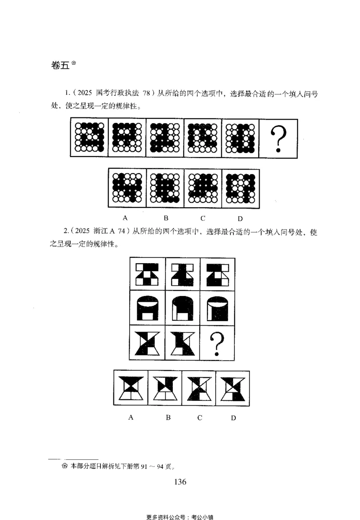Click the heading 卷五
tap(60, 65)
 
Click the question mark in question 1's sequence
tap(279, 138)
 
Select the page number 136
tap(180, 482)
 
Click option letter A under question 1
tap(126, 218)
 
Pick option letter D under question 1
tap(240, 219)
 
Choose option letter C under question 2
tap(199, 417)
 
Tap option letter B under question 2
tap(168, 417)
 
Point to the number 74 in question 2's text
tap(124, 233)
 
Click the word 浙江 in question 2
tap(101, 233)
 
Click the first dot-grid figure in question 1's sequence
tap(89, 137)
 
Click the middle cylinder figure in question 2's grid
tap(182, 308)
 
